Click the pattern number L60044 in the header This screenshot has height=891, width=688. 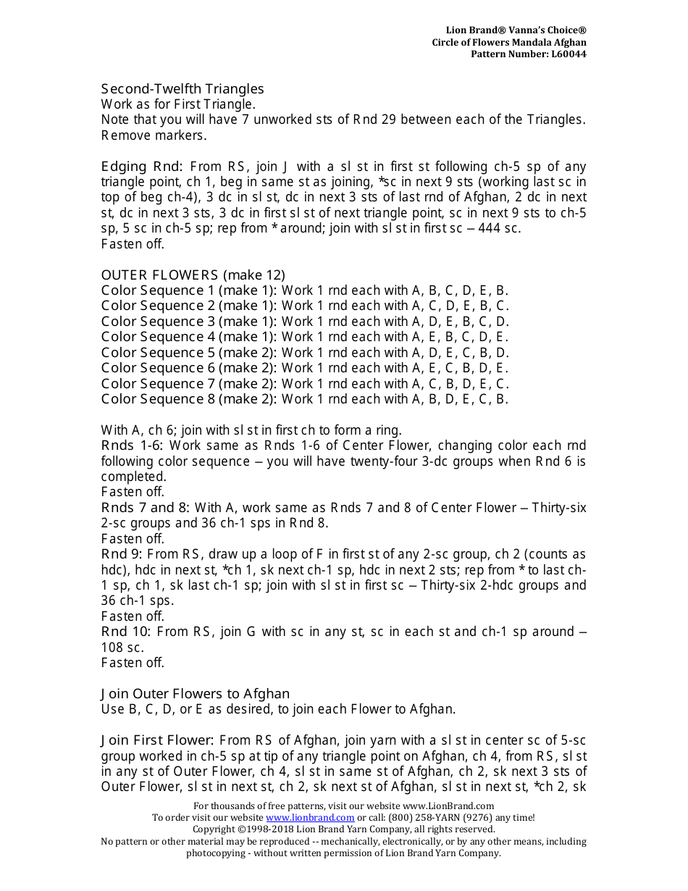point(569,54)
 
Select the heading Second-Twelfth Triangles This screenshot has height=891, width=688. point(183,89)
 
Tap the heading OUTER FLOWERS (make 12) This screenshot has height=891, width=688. point(193,275)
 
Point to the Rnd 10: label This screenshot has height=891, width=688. point(125,632)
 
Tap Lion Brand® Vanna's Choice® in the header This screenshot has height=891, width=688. point(516,30)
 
